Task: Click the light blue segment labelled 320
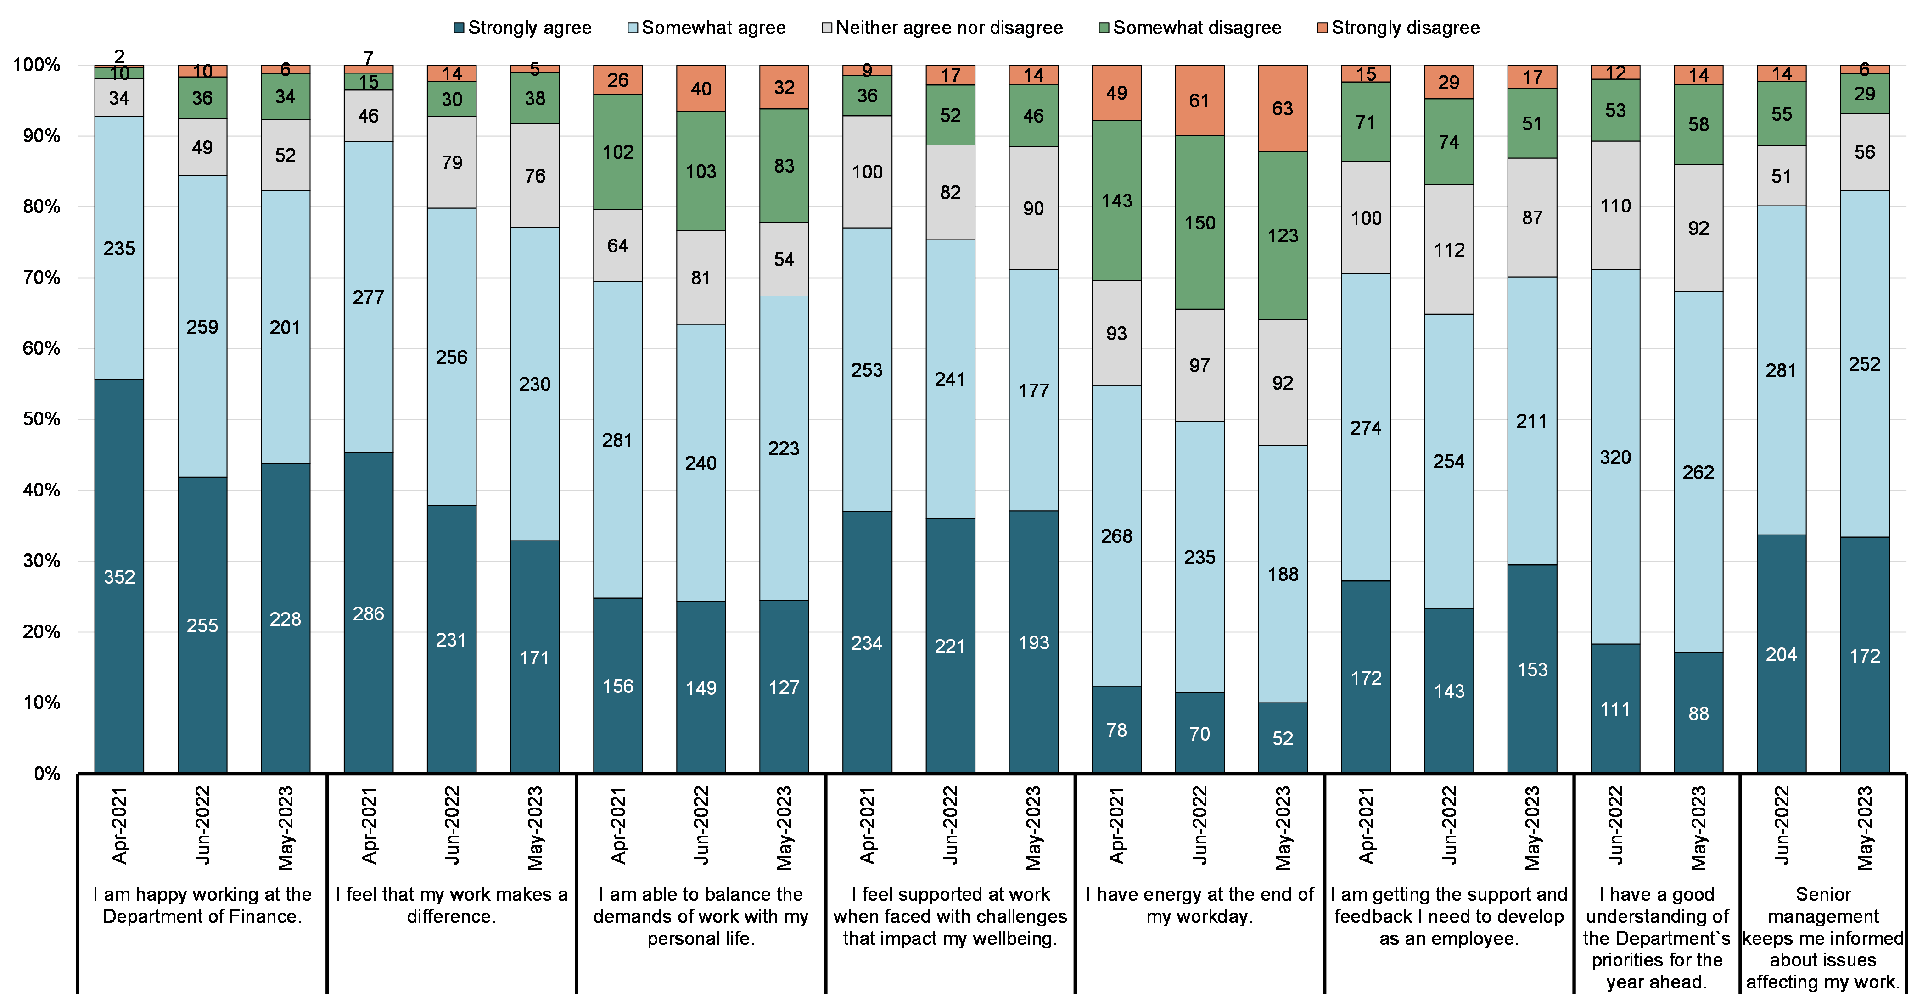pyautogui.click(x=1615, y=457)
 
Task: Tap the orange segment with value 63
pyautogui.click(x=1283, y=108)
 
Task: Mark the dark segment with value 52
pyautogui.click(x=1283, y=738)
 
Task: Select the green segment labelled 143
pyautogui.click(x=1117, y=201)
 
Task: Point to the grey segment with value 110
pyautogui.click(x=1615, y=206)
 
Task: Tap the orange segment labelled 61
pyautogui.click(x=1200, y=100)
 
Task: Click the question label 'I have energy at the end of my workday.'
pyautogui.click(x=1200, y=905)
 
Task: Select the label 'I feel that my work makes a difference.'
pyautogui.click(x=451, y=905)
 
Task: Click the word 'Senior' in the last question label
pyautogui.click(x=1823, y=894)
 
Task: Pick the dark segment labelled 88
pyautogui.click(x=1698, y=713)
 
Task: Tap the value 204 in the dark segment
pyautogui.click(x=1781, y=655)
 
